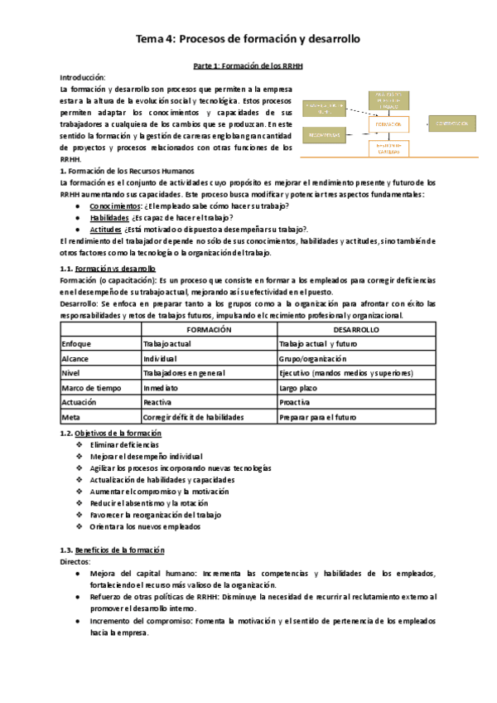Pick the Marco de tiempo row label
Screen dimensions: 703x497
point(88,387)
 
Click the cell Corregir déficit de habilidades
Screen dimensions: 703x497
point(193,417)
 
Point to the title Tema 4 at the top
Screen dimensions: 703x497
point(248,38)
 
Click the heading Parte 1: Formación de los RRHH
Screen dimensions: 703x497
point(248,65)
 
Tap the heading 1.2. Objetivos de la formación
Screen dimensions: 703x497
point(111,434)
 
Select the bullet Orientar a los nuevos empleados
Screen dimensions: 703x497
point(145,526)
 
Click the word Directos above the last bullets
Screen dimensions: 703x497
point(76,561)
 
